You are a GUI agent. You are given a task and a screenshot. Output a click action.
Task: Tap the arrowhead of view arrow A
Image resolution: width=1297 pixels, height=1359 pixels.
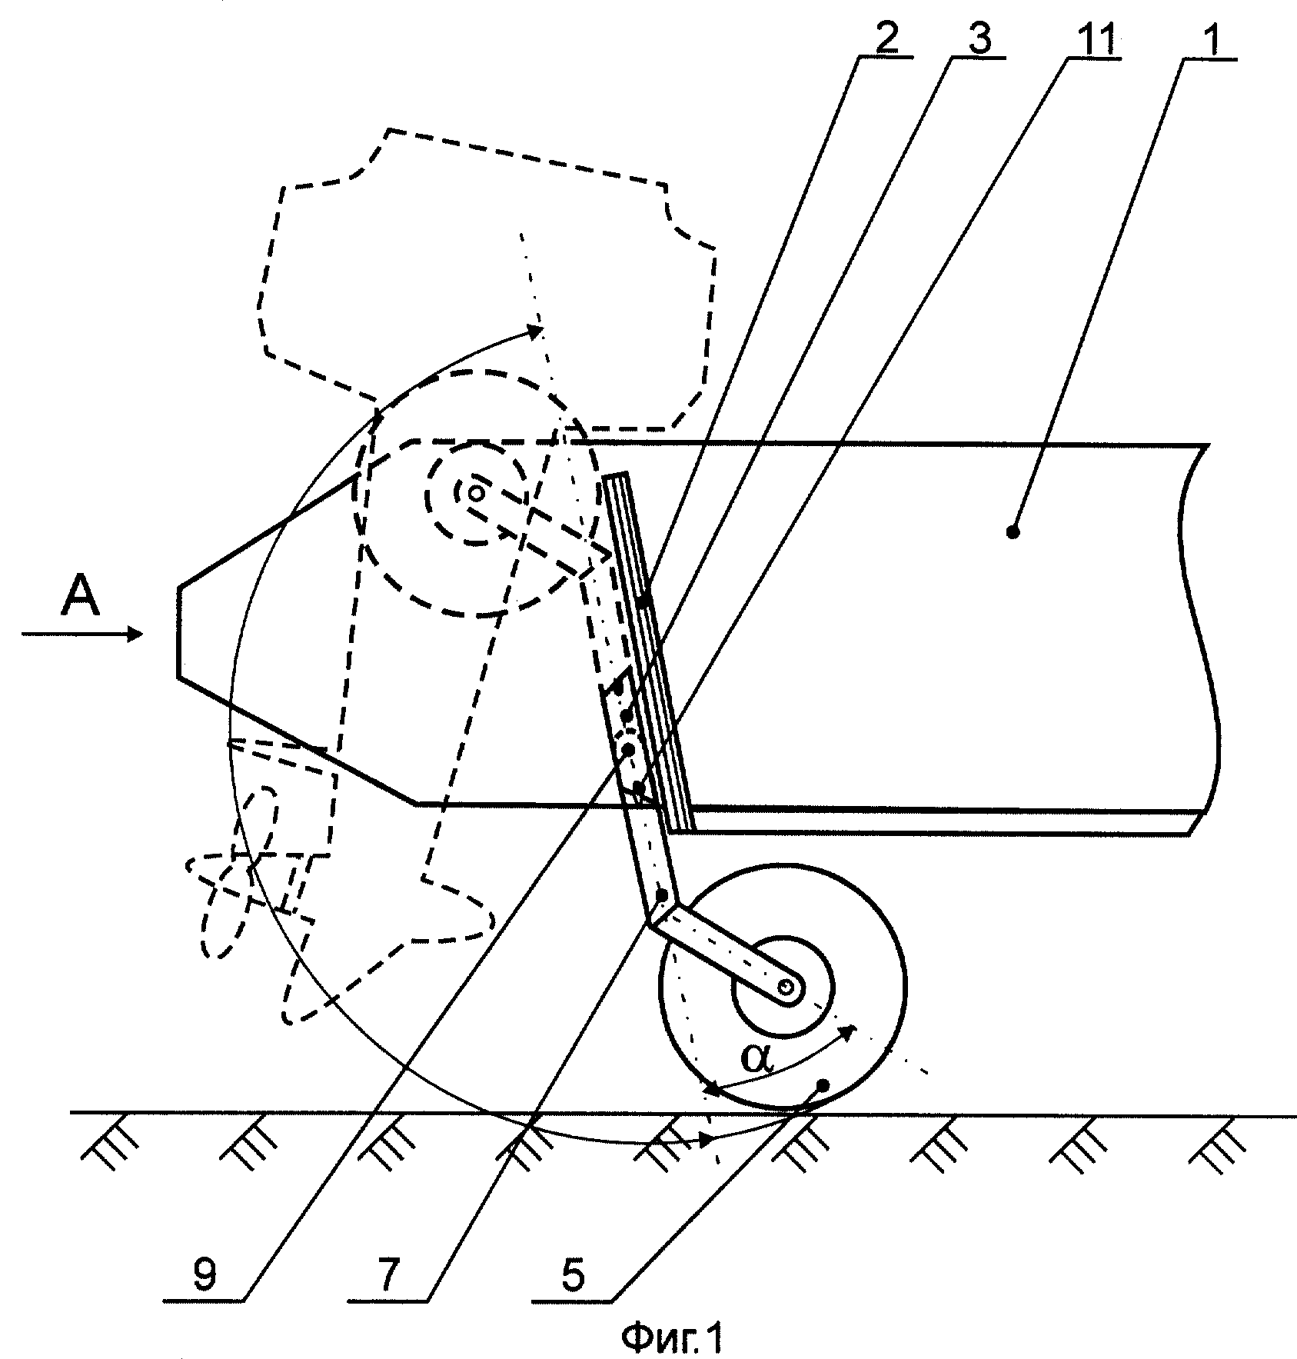(x=135, y=634)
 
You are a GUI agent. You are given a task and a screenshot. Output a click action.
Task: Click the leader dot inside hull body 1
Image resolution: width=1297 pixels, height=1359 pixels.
(x=1013, y=531)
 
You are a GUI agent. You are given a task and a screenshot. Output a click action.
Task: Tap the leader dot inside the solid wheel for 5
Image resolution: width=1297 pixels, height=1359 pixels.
(x=823, y=1084)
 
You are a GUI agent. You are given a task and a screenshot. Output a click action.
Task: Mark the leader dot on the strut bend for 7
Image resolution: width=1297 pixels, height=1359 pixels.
(x=662, y=894)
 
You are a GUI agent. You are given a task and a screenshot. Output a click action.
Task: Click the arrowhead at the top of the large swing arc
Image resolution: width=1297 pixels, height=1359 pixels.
(x=533, y=331)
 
